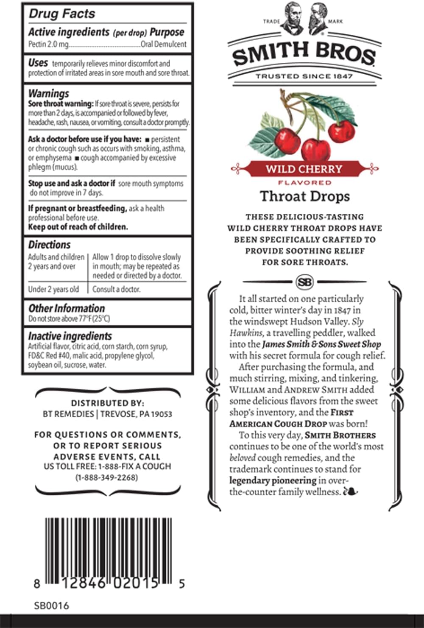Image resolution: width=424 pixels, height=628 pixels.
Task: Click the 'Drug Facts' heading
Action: pos(62,14)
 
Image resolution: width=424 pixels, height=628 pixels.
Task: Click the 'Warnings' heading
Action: pos(48,93)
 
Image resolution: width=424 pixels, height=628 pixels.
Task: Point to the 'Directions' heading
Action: pos(49,245)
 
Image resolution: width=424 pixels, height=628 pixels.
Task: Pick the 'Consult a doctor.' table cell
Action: pos(117,289)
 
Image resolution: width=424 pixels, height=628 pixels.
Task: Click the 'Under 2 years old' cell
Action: pos(53,289)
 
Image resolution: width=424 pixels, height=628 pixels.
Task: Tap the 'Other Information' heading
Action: pos(66,308)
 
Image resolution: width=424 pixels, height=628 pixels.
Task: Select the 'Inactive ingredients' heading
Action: pos(70,336)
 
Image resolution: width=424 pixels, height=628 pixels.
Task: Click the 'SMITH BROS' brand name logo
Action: pos(304,55)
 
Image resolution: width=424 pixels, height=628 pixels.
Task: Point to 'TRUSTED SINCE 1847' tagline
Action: pos(304,76)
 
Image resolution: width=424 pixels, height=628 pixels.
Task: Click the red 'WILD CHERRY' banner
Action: pos(304,169)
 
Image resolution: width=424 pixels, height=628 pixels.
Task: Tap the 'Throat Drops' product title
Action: pos(305,196)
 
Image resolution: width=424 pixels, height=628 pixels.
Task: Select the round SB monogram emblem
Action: pos(304,282)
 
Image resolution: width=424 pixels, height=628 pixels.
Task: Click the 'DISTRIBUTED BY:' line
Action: pos(107,403)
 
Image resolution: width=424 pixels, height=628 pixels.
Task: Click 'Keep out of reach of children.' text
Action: pos(78,227)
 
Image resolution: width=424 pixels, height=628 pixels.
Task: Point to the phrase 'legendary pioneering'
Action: pos(273,480)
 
